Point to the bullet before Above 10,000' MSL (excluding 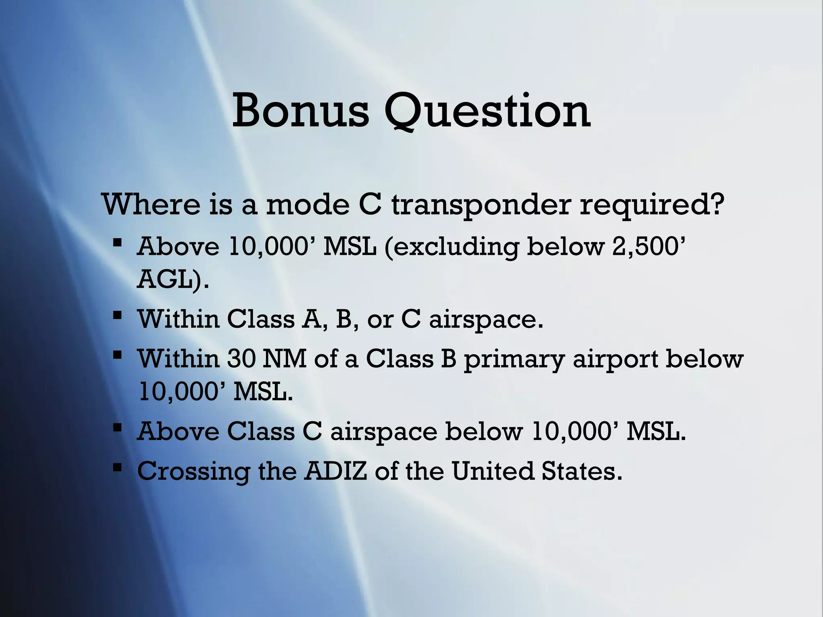117,242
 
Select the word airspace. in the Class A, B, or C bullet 486,320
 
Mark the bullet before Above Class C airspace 117,429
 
